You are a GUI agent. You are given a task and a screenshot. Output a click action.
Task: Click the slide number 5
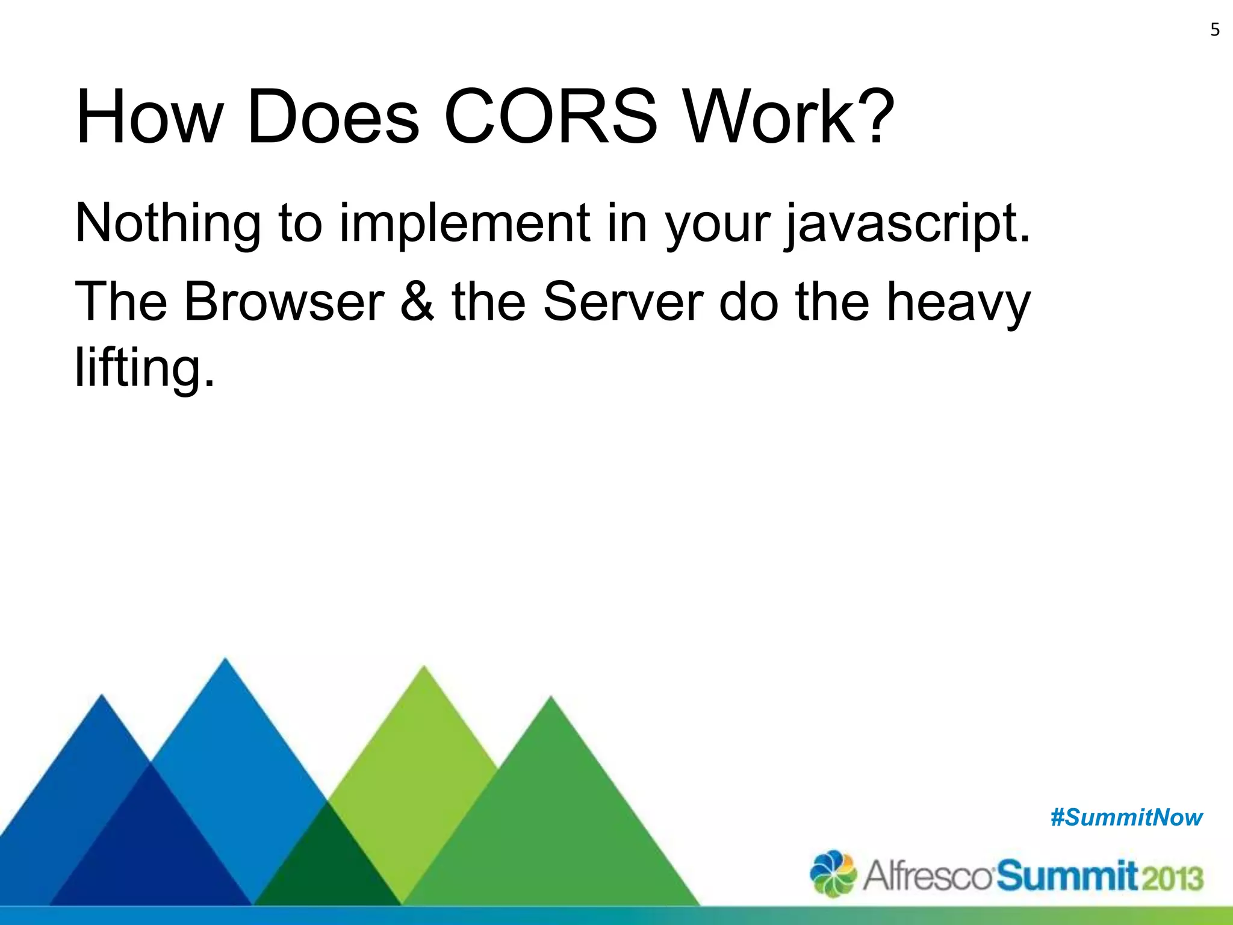(1214, 30)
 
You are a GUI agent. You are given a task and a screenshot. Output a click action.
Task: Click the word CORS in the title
(551, 117)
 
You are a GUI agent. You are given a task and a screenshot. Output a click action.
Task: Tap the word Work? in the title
(789, 117)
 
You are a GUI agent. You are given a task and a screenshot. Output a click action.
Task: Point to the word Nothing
(168, 223)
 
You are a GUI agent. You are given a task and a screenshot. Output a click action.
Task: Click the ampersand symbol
(417, 302)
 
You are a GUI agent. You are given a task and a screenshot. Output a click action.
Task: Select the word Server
(623, 302)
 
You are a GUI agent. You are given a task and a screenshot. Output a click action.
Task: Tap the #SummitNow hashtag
(1126, 818)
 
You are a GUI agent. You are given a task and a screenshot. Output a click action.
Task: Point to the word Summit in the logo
(1067, 876)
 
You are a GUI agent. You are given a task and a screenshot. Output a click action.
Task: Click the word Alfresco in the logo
(927, 876)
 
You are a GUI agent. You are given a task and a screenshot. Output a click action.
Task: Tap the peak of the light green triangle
(424, 668)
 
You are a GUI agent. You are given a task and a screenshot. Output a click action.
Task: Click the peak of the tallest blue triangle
(225, 661)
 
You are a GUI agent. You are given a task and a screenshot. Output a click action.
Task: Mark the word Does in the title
(333, 117)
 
